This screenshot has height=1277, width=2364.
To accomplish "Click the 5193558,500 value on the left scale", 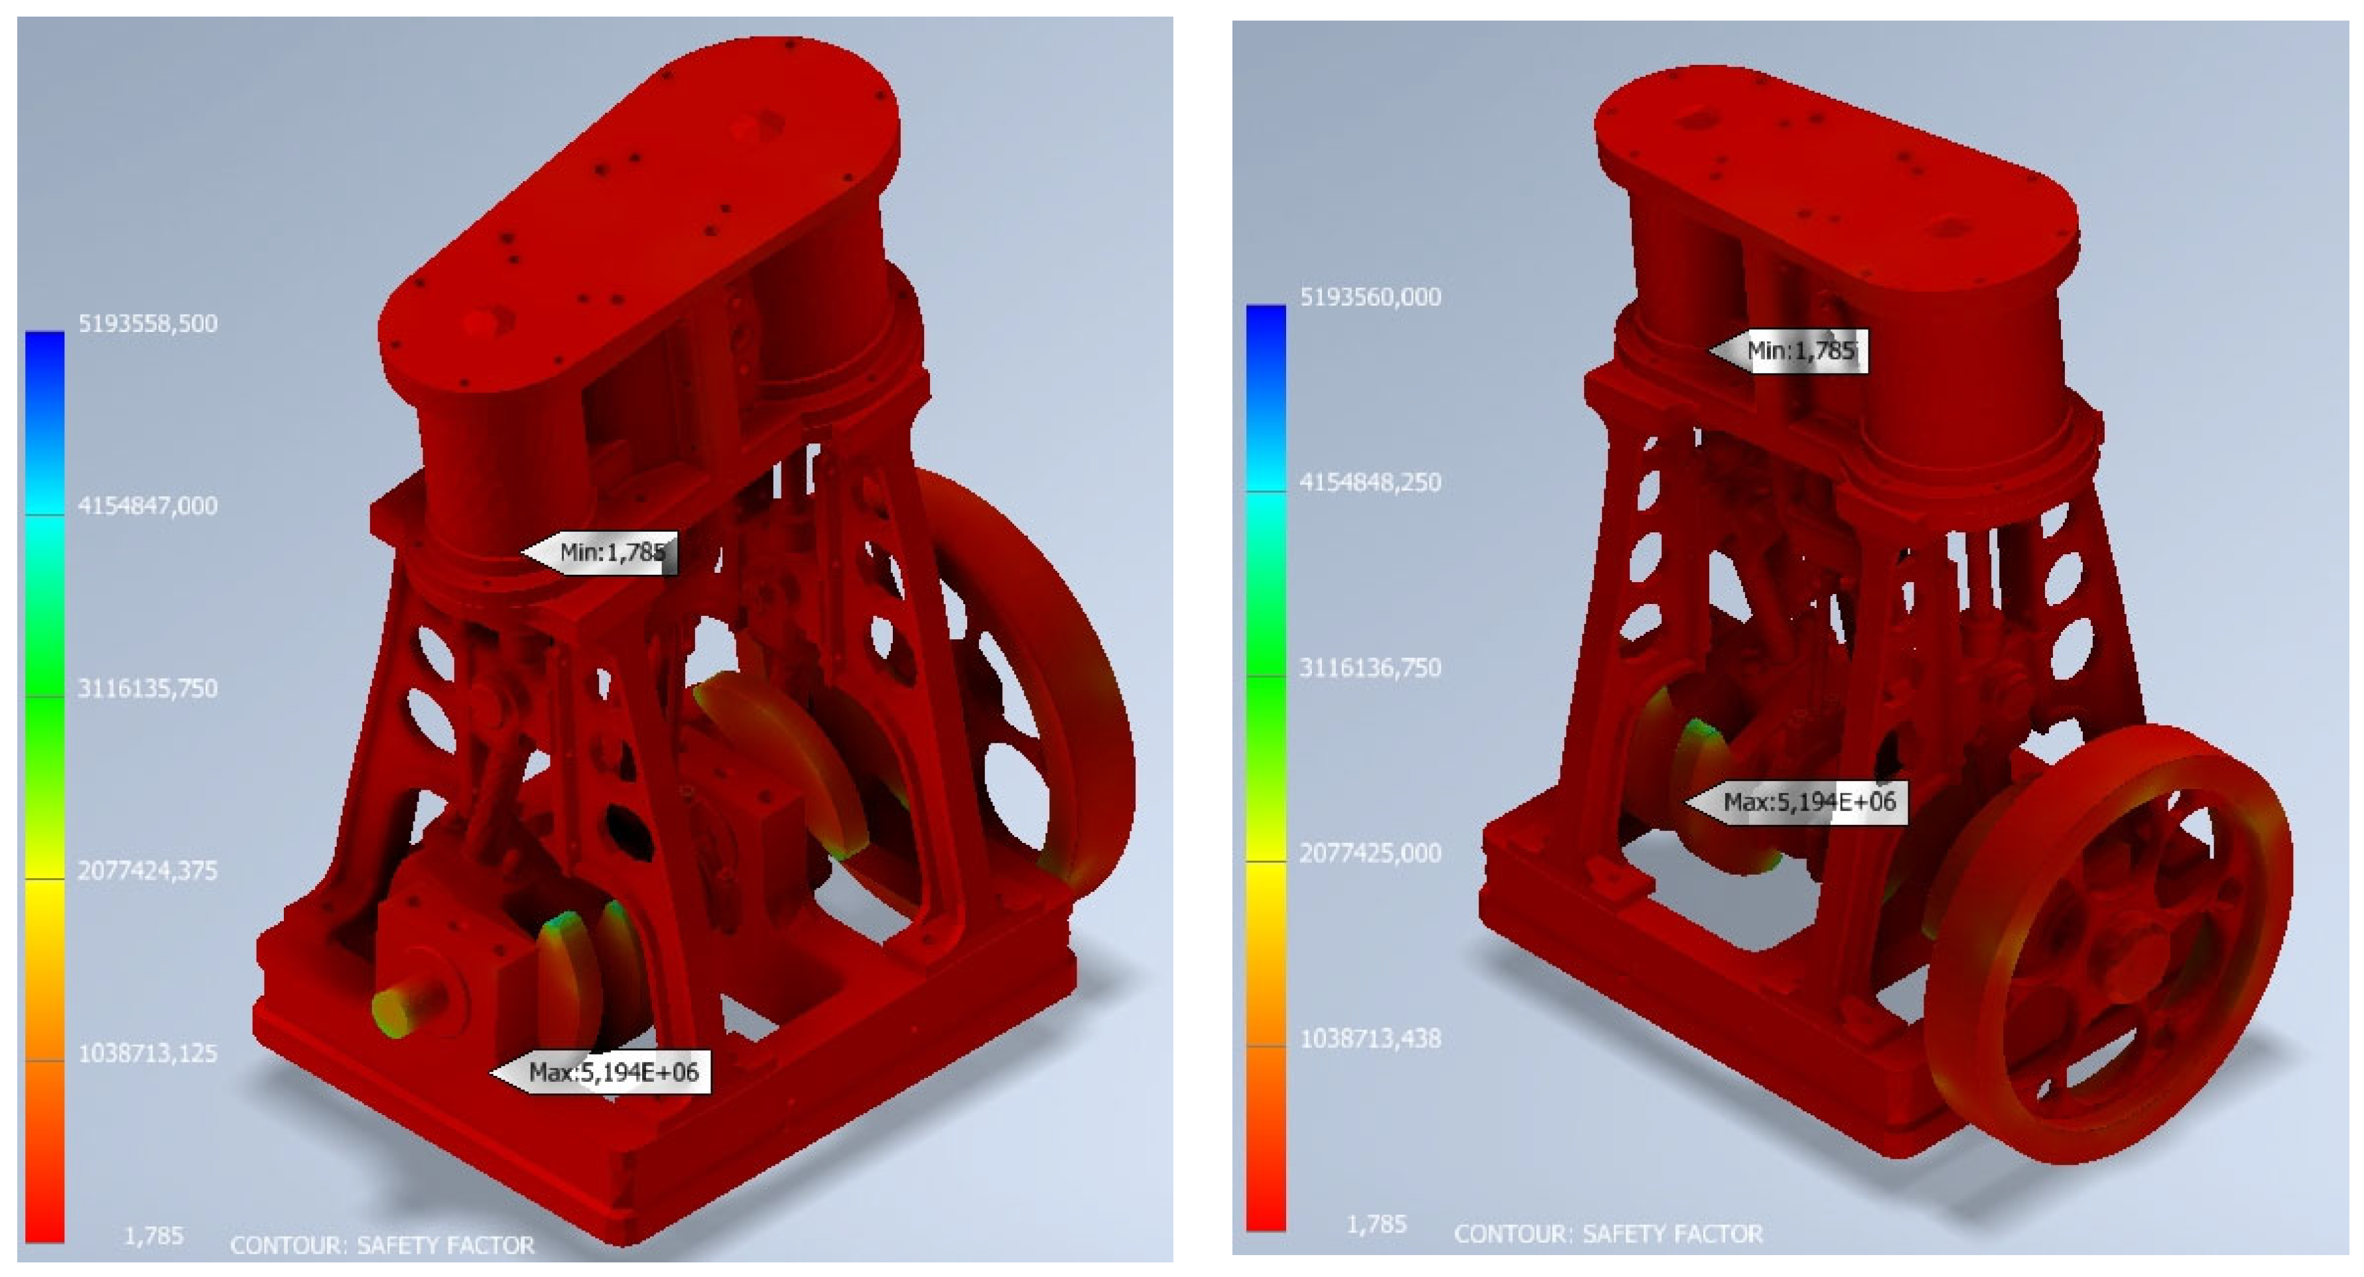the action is [148, 323].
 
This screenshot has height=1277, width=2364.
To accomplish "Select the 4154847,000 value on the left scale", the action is [148, 505].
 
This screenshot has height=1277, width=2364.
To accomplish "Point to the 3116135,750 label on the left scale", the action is [148, 688].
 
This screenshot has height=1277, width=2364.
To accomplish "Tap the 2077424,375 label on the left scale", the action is [148, 869].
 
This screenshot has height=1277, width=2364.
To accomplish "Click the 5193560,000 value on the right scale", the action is [1370, 297].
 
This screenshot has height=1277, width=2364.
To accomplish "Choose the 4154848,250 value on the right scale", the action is [1370, 482].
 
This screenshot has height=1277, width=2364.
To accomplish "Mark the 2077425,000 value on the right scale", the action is [1370, 853].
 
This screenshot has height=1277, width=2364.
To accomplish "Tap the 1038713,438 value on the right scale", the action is [1370, 1038].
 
